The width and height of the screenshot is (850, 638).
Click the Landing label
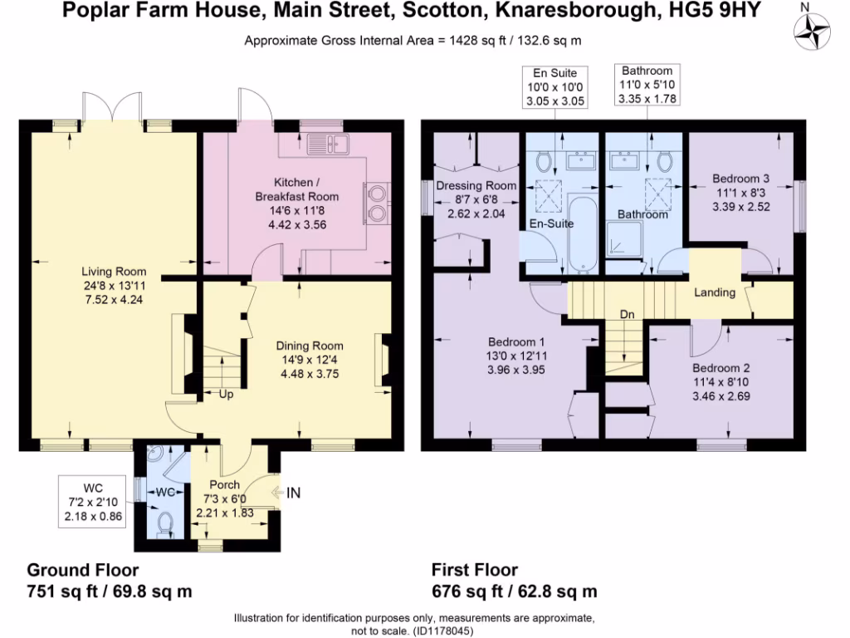coord(714,292)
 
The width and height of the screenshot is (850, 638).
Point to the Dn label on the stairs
coord(628,314)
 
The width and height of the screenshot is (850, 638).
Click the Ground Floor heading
coord(83,570)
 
